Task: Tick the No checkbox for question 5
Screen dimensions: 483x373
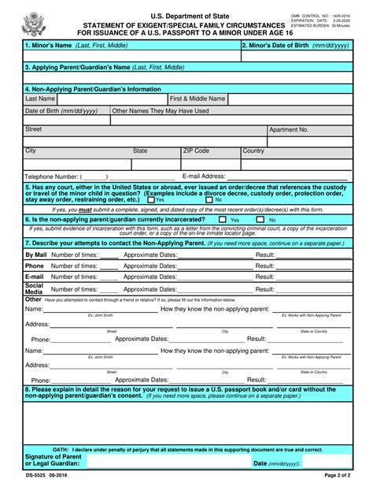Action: point(209,199)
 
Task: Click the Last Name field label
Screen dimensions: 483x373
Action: point(40,99)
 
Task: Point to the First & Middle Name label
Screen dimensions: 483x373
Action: point(198,99)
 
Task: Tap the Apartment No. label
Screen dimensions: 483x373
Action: point(289,128)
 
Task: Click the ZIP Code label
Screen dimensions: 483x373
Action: point(196,150)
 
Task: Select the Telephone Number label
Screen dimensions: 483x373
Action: point(51,176)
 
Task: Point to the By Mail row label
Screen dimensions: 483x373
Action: point(36,255)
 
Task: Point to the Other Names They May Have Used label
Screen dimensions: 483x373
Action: point(161,111)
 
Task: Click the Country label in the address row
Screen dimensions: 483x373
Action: point(253,150)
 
